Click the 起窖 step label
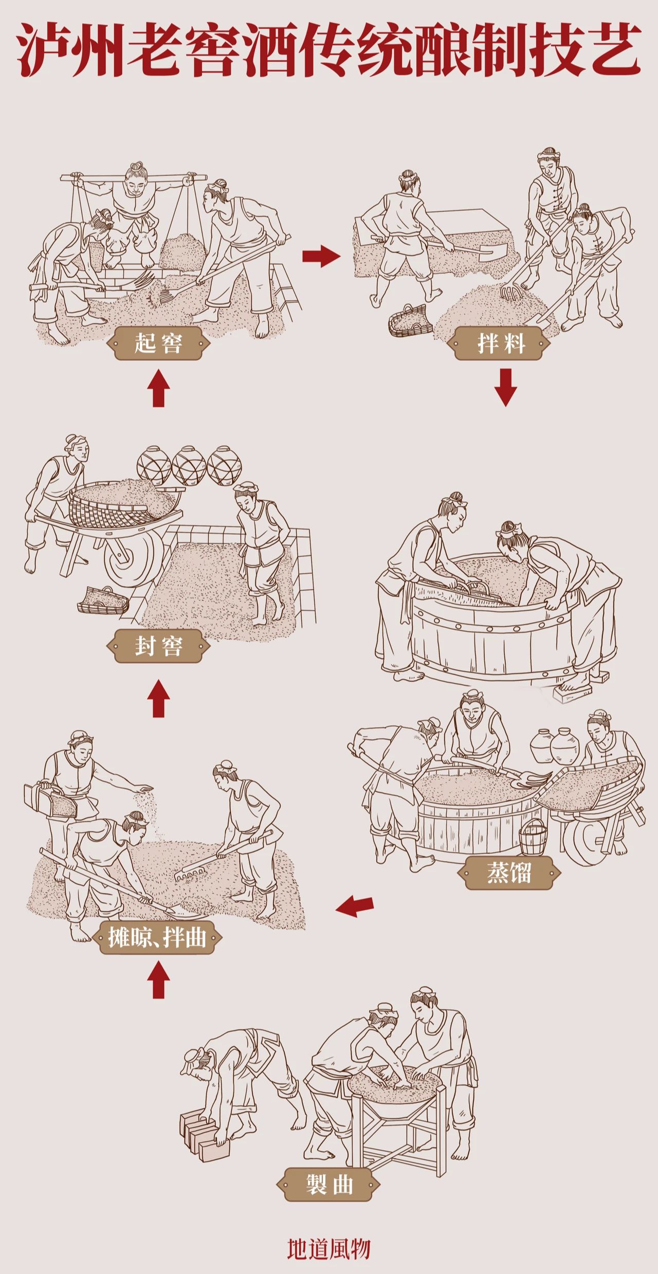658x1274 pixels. [158, 343]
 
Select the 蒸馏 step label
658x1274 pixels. [508, 872]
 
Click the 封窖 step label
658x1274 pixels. [158, 646]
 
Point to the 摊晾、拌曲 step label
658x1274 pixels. [157, 937]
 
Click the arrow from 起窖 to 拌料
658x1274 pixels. [321, 256]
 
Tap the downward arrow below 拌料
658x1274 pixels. [505, 387]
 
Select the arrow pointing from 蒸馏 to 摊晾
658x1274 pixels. [355, 906]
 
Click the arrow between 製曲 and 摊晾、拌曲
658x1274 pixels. [158, 980]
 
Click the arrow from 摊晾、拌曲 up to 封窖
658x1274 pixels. [158, 698]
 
